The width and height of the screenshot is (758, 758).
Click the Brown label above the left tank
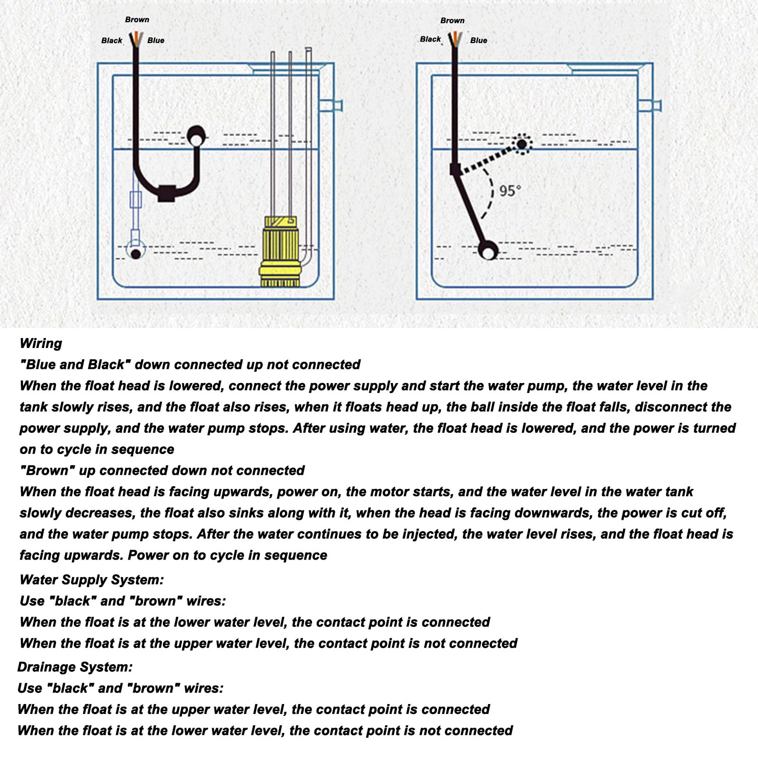[x=137, y=19]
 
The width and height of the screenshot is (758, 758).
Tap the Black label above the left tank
[x=112, y=41]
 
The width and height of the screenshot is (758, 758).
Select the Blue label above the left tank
[x=156, y=41]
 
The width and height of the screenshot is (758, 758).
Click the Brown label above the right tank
[x=452, y=20]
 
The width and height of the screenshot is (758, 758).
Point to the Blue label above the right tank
[x=479, y=41]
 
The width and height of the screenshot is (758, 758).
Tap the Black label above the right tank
[x=430, y=39]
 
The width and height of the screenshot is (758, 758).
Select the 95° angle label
[x=510, y=191]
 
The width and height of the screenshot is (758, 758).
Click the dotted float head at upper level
[x=522, y=143]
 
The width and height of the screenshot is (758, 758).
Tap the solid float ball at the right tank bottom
[x=488, y=250]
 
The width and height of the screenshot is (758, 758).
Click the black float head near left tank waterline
[x=196, y=136]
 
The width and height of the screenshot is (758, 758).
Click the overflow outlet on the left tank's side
[x=331, y=105]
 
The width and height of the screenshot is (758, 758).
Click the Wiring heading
[x=41, y=343]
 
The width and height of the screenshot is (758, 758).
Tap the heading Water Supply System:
[x=92, y=580]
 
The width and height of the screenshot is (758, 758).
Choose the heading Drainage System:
[x=75, y=667]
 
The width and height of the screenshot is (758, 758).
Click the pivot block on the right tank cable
[x=455, y=169]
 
